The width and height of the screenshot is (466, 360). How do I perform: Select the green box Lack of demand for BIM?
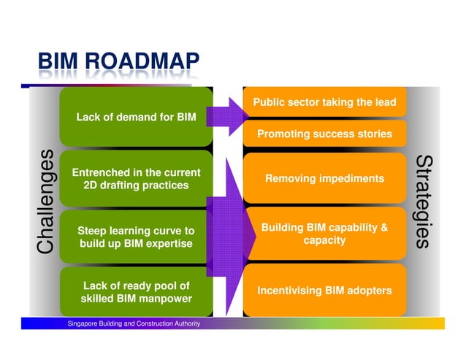(x=136, y=117)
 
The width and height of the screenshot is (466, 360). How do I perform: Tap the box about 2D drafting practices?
(x=136, y=179)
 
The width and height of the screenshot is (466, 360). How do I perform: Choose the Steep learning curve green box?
(x=136, y=237)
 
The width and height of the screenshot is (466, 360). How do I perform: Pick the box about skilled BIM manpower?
(x=136, y=292)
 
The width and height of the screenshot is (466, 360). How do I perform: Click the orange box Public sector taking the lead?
(x=324, y=102)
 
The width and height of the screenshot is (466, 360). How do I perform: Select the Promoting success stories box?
(x=324, y=134)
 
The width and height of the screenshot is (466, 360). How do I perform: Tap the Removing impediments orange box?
(x=324, y=178)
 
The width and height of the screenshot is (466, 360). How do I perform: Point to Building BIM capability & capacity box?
(x=324, y=234)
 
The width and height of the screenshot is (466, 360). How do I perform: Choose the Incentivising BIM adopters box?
(x=324, y=291)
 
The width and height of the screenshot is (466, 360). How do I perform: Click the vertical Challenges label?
(x=45, y=201)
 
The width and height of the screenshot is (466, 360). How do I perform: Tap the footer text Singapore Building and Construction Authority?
(x=134, y=323)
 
